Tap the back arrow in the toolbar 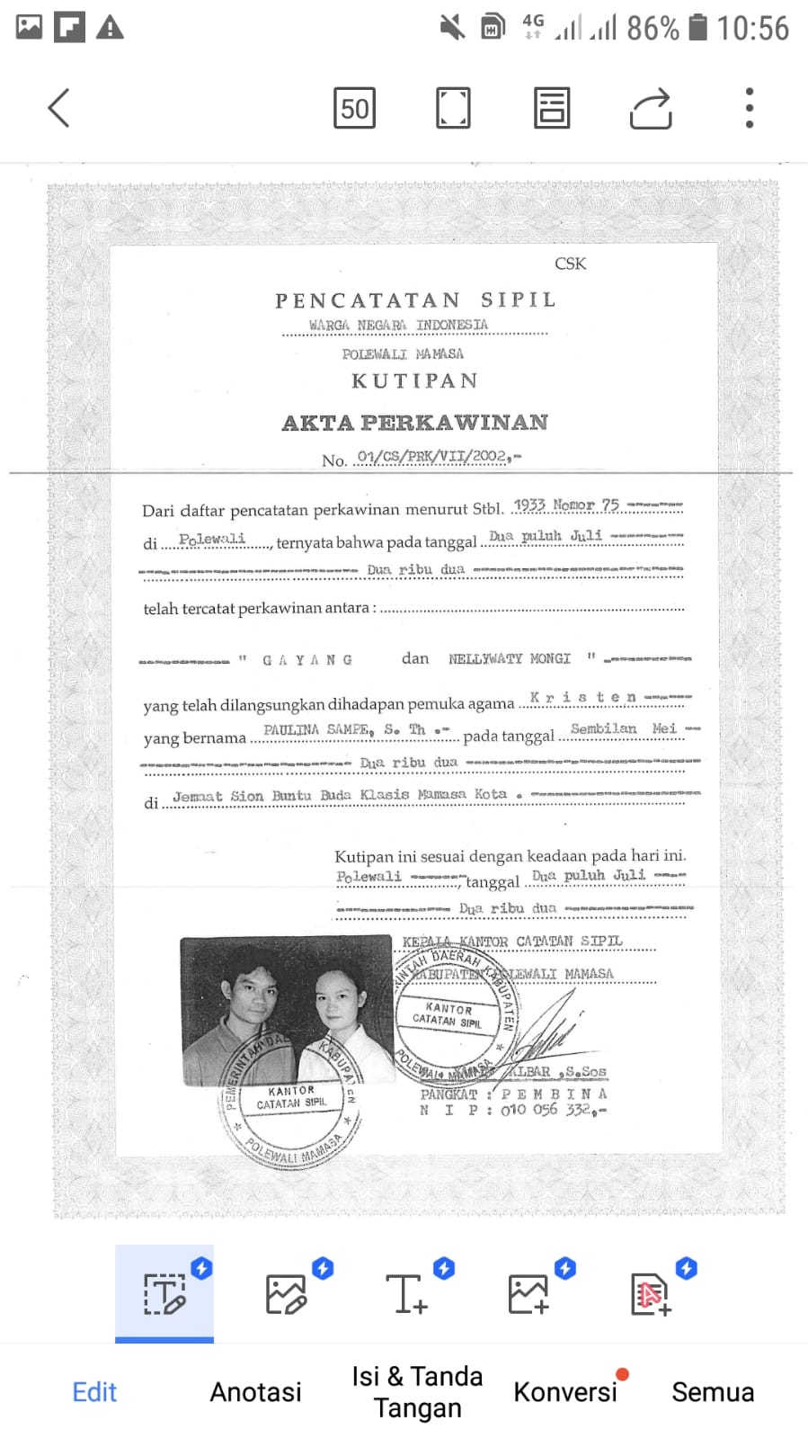[x=59, y=109]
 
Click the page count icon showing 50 [x=354, y=109]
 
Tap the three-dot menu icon [x=749, y=109]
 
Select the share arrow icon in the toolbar [x=651, y=109]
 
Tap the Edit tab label [x=94, y=1391]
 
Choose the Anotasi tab [x=255, y=1391]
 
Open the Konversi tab [x=565, y=1391]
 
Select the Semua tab [x=713, y=1391]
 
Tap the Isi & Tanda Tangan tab [x=417, y=1391]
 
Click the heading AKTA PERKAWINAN [x=415, y=423]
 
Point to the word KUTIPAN [x=414, y=381]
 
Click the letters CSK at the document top [x=570, y=263]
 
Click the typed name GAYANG [x=307, y=660]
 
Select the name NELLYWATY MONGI [x=510, y=659]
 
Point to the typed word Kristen [x=582, y=697]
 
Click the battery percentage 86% [x=653, y=28]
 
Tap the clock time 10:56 [x=752, y=28]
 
